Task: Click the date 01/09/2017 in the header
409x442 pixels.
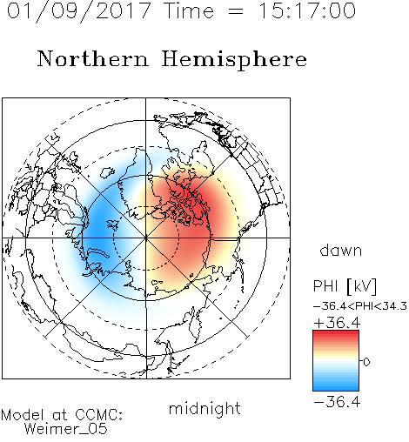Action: pos(78,11)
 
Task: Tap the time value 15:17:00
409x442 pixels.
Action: pos(306,10)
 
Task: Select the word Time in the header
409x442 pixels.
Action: pos(189,10)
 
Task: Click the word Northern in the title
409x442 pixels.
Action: pos(93,58)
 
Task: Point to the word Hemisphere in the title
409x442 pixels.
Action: pos(234,60)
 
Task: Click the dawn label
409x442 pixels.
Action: pos(341,250)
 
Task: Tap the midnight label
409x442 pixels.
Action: pos(204,408)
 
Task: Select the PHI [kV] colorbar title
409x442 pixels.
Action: pos(345,286)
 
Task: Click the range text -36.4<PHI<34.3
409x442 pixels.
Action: pos(360,306)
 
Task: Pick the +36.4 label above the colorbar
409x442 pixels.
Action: pos(337,323)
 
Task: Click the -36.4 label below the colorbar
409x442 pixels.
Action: pos(337,402)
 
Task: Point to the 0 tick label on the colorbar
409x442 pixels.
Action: pos(366,362)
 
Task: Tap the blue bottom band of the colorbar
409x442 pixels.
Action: pos(336,385)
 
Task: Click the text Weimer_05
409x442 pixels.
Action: pos(66,429)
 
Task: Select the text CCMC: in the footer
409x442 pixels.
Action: pos(99,415)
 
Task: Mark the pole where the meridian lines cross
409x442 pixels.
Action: pos(146,238)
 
